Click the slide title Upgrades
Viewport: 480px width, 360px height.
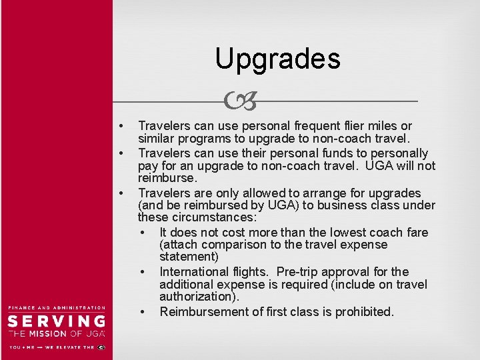[277, 59]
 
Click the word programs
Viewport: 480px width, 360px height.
[199, 139]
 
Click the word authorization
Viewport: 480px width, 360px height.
[198, 296]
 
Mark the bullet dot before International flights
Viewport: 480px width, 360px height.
[143, 272]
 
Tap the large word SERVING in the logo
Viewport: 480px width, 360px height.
[57, 321]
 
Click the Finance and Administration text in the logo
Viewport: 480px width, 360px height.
[57, 307]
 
